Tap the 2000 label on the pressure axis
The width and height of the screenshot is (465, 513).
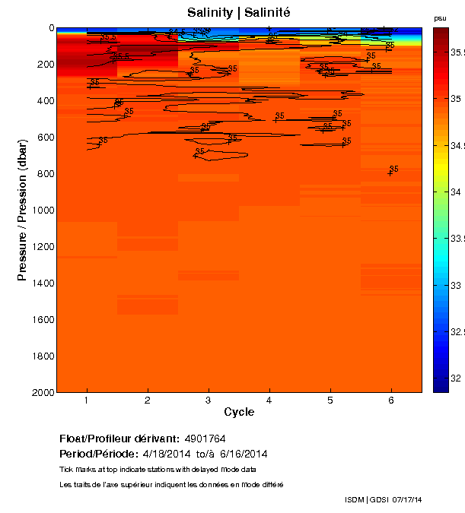41,393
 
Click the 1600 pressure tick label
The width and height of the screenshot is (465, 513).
41,320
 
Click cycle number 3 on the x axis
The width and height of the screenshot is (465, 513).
209,401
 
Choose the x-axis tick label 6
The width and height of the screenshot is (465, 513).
391,401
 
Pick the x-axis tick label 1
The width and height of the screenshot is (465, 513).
87,401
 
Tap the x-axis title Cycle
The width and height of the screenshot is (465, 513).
239,413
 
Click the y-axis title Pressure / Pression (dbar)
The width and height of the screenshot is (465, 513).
22,210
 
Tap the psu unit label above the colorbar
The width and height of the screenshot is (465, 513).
440,17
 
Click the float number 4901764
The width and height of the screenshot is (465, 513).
205,439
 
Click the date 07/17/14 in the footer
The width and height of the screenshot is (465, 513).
406,499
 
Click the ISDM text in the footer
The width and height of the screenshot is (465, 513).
355,499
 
